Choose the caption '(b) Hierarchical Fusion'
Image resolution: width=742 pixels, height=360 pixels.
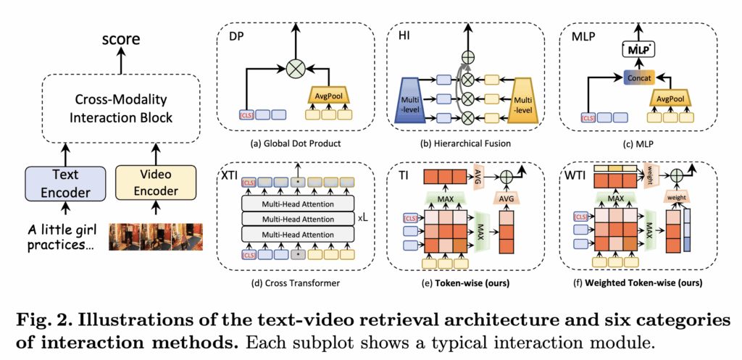[x=468, y=143]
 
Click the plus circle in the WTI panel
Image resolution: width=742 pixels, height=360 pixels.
[x=675, y=174]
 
